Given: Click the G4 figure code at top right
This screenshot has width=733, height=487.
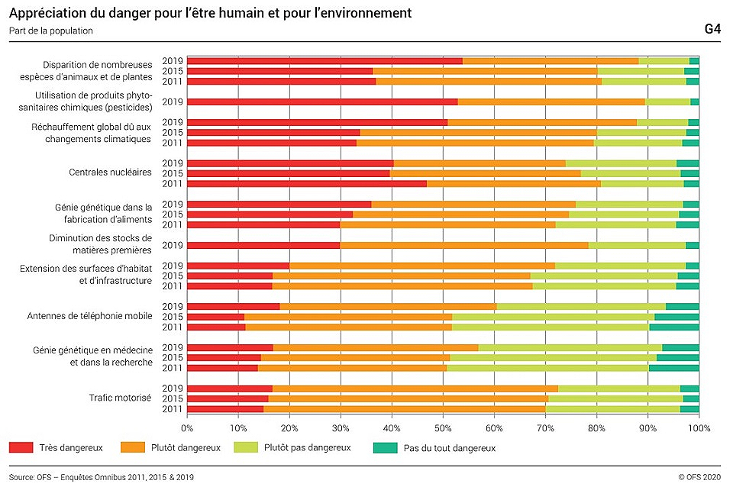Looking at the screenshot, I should [x=712, y=29].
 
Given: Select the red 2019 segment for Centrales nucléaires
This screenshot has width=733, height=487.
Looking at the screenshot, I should [x=290, y=163].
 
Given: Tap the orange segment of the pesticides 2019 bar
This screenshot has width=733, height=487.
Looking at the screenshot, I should [x=551, y=102].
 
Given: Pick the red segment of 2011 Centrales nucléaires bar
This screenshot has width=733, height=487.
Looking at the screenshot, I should [x=307, y=183].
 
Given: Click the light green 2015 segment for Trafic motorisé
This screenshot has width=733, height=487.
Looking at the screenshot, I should [x=615, y=398].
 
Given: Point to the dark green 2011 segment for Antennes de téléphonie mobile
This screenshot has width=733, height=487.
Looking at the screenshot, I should [x=674, y=327].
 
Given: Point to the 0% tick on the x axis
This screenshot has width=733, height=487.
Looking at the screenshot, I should [x=187, y=428].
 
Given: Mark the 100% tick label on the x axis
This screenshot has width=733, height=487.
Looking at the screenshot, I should [x=699, y=428].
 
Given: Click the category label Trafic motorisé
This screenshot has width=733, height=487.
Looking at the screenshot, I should [x=121, y=398].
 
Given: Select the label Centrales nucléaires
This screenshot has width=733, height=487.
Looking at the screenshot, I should [x=110, y=173].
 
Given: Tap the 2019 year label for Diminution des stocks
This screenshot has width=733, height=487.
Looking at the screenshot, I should [x=173, y=245].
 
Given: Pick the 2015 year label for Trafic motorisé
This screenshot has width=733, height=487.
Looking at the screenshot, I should [x=173, y=398].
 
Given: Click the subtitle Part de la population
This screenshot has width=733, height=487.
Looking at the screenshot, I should [x=51, y=31].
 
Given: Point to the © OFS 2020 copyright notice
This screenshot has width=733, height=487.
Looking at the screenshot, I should [x=699, y=477].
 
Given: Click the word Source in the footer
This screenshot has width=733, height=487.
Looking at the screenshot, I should [x=22, y=477].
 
